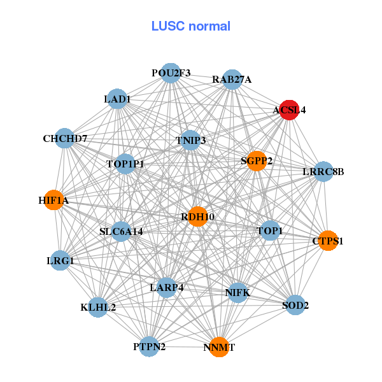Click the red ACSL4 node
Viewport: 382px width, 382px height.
(290, 110)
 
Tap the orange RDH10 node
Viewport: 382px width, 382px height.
(198, 216)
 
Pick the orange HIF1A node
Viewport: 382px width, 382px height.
(53, 201)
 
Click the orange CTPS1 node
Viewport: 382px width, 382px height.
(327, 241)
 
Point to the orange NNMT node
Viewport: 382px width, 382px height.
(219, 347)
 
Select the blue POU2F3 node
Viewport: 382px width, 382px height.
(170, 73)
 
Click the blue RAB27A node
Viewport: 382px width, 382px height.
(232, 80)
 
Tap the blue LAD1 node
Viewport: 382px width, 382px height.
(117, 99)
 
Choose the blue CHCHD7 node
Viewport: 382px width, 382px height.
(65, 138)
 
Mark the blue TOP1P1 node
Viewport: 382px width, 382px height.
(125, 164)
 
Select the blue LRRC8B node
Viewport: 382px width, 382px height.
(323, 171)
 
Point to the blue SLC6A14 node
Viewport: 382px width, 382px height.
(121, 231)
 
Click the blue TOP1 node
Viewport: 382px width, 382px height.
(270, 230)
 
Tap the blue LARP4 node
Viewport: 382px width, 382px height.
(167, 287)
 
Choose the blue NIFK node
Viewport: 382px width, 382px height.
(237, 292)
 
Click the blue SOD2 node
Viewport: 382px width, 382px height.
(295, 305)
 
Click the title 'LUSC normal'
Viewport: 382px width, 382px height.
(191, 26)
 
